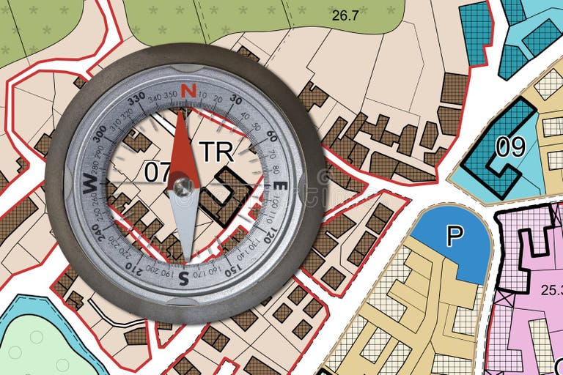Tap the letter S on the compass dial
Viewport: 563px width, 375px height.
(183, 277)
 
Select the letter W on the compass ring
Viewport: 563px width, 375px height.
(90, 183)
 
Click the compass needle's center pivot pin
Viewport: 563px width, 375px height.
(183, 186)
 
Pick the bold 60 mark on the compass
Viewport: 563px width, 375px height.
(271, 136)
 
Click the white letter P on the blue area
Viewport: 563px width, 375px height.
(455, 235)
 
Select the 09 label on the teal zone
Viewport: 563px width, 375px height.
(510, 147)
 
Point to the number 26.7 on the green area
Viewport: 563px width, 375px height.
(345, 15)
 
